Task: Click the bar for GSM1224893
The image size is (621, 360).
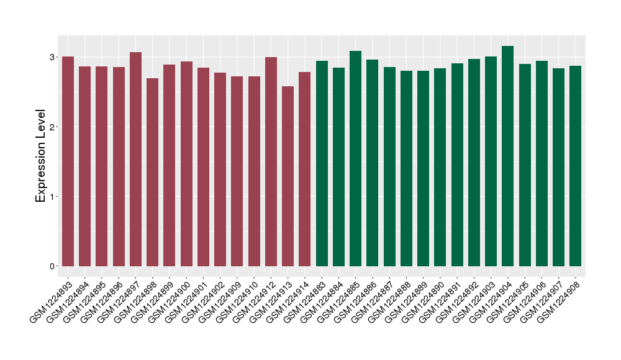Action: [68, 161]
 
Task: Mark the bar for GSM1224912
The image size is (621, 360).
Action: [271, 161]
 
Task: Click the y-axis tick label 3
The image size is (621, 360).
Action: [53, 58]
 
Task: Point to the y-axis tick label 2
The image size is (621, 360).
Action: [53, 127]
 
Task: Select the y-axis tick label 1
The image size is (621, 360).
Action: [53, 197]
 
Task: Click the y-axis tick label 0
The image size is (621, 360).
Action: [53, 266]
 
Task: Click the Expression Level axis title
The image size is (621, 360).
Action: [41, 156]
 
